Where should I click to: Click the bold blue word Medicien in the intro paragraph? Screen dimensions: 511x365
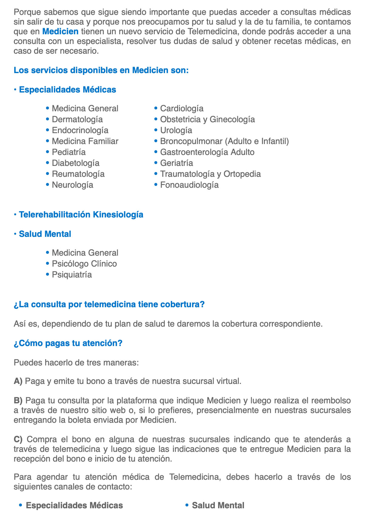pyautogui.click(x=60, y=32)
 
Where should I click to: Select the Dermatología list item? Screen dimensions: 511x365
pyautogui.click(x=77, y=119)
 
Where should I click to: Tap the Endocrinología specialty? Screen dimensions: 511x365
pyautogui.click(x=80, y=130)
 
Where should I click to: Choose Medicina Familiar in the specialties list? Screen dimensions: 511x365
pyautogui.click(x=85, y=141)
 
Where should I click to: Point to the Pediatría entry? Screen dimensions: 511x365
pyautogui.click(x=69, y=152)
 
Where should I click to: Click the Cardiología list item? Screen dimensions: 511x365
pyautogui.click(x=181, y=109)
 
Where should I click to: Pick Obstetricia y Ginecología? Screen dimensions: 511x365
pyautogui.click(x=207, y=119)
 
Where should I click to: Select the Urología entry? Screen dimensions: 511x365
pyautogui.click(x=176, y=130)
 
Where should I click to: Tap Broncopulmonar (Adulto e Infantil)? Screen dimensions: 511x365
pyautogui.click(x=224, y=141)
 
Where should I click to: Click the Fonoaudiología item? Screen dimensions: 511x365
pyautogui.click(x=189, y=185)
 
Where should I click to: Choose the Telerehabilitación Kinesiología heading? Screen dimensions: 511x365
pyautogui.click(x=81, y=215)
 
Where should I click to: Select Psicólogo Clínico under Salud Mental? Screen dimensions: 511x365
pyautogui.click(x=84, y=264)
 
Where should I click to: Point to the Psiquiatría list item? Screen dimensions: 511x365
pyautogui.click(x=72, y=275)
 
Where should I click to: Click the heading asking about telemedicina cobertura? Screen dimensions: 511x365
pyautogui.click(x=109, y=304)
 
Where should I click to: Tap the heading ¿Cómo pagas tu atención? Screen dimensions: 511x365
pyautogui.click(x=68, y=343)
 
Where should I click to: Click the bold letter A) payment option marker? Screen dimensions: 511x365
pyautogui.click(x=18, y=381)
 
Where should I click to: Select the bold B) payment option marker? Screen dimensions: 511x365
pyautogui.click(x=18, y=401)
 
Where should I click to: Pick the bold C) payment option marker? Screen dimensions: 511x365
pyautogui.click(x=18, y=439)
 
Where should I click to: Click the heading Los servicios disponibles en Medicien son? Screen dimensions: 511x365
pyautogui.click(x=101, y=70)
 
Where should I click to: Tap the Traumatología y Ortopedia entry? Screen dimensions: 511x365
pyautogui.click(x=210, y=174)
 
